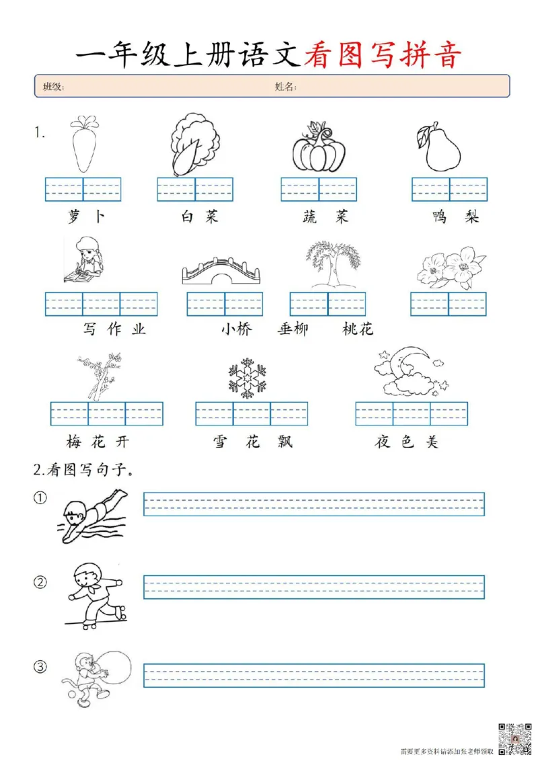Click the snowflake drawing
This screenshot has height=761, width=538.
coord(247,377)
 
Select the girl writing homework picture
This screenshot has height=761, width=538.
coord(83,261)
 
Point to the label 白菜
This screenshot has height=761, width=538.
coord(199,217)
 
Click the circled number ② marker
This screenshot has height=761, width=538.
coord(41,582)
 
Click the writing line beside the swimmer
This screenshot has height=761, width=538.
coord(313,504)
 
